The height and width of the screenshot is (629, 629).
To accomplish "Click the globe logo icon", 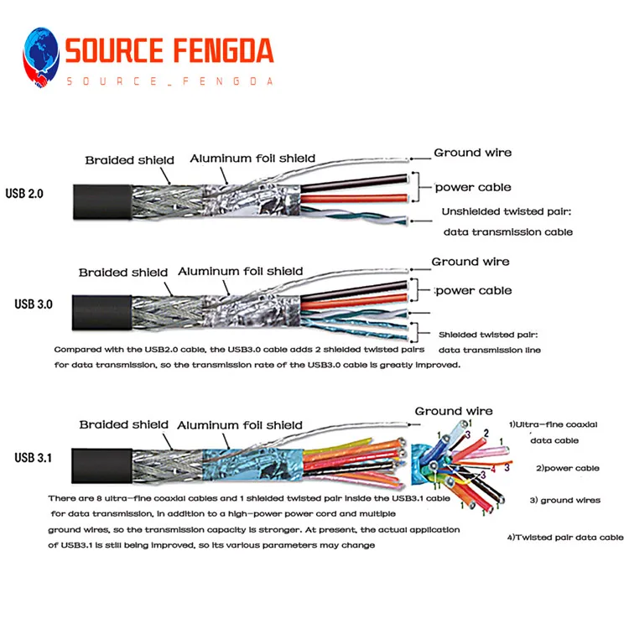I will coord(41,57).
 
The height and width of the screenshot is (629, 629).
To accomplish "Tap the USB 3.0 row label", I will coord(34,304).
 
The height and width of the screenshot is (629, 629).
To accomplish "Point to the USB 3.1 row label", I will coord(34,457).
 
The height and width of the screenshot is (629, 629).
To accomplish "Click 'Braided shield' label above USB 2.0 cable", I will coord(129,160).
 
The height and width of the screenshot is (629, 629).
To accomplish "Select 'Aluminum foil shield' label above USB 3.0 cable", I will coord(240,271).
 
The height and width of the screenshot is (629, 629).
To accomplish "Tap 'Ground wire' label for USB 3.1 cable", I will coord(454,411).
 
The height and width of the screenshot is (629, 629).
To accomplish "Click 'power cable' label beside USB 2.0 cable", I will coord(472,187).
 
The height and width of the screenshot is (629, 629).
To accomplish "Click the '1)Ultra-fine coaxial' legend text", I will coord(554,427).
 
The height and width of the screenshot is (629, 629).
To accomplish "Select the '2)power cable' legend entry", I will coord(568,468).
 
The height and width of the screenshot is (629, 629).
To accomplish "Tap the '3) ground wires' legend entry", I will coord(564,500).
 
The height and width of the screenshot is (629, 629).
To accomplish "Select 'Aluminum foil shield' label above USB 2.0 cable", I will coord(252,158).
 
